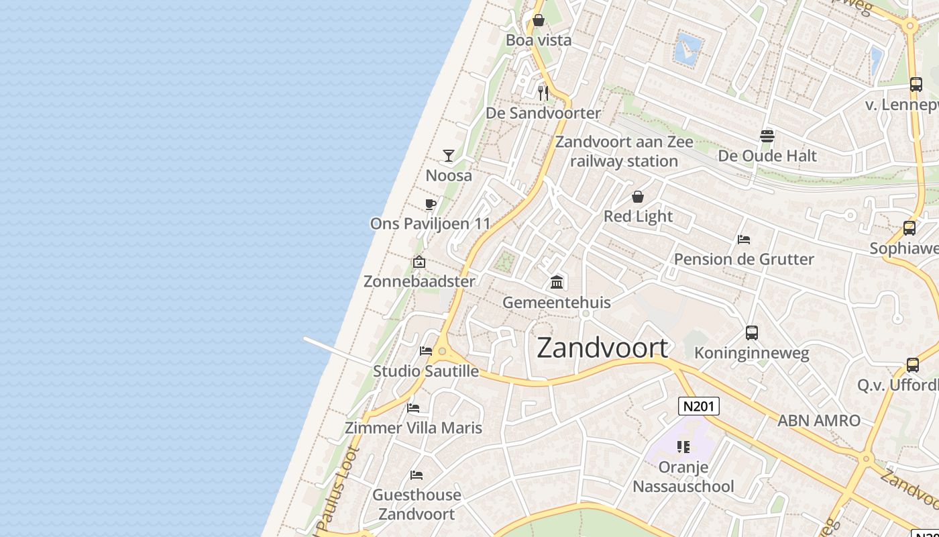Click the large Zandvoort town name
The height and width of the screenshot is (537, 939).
pos(602,348)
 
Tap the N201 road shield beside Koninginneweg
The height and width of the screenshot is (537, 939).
pos(699,406)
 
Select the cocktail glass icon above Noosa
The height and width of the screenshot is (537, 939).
pos(449,156)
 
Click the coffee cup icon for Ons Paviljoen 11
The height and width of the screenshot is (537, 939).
pos(431,204)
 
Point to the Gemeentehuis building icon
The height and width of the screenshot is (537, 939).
pos(557,282)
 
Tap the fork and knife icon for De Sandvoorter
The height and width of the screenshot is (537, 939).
pos(543,93)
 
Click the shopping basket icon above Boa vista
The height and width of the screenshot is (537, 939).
pos(539,20)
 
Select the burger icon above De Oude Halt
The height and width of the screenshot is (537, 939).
pos(767,136)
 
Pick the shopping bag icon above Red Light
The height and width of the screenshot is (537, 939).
pos(638,197)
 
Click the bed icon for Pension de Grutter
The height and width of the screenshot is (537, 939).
pos(743,240)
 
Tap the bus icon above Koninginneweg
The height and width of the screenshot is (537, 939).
pos(752,333)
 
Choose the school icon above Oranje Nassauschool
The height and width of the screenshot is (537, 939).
pos(683,446)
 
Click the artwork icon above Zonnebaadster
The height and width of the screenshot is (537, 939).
pos(419,262)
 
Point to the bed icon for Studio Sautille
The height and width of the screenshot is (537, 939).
pos(426,350)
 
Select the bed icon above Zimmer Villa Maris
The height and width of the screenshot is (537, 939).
pos(413,407)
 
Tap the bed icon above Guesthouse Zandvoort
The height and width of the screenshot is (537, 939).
pos(417,475)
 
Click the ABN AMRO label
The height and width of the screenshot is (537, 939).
pos(818,421)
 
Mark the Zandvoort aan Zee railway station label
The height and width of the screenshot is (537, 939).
pos(624,152)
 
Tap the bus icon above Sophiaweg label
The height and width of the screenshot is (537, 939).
pos(909,228)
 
